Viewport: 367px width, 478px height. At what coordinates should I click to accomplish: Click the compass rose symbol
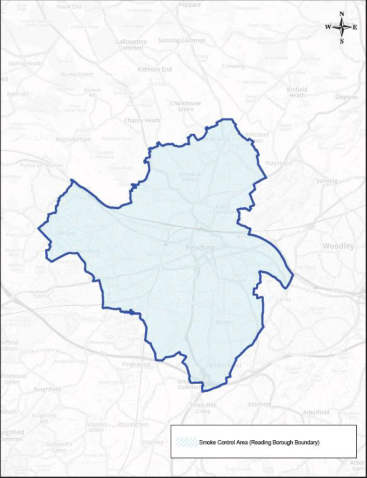(x=342, y=27)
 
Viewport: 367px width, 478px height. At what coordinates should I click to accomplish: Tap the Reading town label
(x=200, y=248)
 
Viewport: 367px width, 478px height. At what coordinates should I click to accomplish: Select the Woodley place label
(x=338, y=246)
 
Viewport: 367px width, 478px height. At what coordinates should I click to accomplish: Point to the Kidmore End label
(x=155, y=69)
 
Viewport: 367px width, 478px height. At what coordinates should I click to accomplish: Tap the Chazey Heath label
(x=142, y=120)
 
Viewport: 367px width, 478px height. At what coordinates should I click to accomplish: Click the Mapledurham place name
(x=73, y=139)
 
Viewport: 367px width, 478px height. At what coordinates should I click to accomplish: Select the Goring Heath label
(x=25, y=63)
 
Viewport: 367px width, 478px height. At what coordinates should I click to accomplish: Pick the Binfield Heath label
(x=296, y=92)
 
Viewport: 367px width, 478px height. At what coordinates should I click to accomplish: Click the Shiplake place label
(x=346, y=97)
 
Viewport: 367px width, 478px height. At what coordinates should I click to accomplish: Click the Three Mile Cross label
(x=203, y=408)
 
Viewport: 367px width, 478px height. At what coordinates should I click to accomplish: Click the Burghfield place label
(x=47, y=389)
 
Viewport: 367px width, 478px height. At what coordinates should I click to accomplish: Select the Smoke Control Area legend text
(x=259, y=442)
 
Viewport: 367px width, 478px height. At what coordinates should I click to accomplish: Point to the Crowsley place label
(x=233, y=66)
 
